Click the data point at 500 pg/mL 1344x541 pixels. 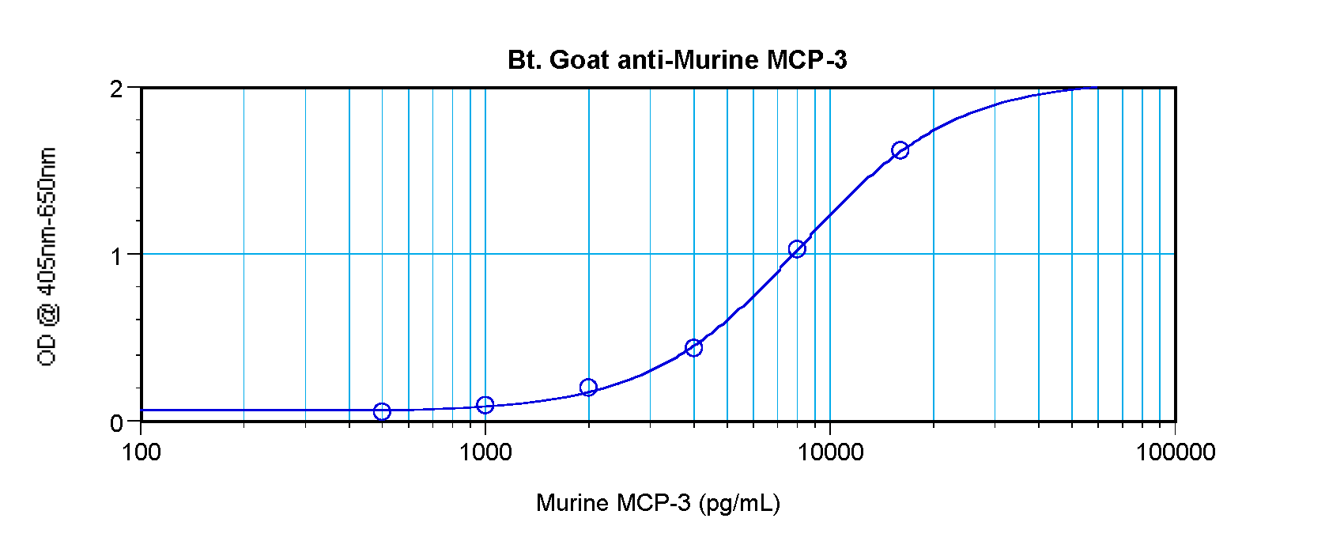[382, 411]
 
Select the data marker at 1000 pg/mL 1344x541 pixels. [485, 405]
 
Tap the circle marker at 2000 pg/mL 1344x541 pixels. [588, 388]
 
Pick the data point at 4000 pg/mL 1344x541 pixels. [693, 348]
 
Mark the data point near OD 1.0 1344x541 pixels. [797, 249]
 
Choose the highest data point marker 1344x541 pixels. [900, 150]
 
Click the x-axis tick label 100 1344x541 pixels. [142, 452]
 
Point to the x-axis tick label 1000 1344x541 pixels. [485, 452]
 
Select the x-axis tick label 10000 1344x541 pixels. [829, 452]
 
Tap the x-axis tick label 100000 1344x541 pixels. [1175, 452]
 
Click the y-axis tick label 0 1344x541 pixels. [117, 423]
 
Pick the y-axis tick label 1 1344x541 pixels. [117, 256]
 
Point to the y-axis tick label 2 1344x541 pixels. [117, 89]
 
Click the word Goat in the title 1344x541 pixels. [579, 60]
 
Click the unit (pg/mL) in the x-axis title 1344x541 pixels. [739, 503]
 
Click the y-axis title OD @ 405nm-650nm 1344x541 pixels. [47, 256]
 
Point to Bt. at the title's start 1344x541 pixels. [524, 60]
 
